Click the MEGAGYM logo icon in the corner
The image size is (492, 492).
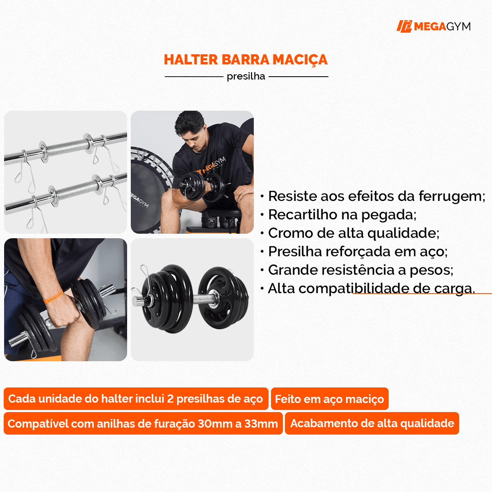click(404, 26)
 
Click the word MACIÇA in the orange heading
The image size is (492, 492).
click(300, 60)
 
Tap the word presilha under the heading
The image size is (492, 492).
click(246, 77)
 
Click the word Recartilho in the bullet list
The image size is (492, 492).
click(303, 214)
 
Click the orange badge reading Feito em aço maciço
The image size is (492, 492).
click(330, 399)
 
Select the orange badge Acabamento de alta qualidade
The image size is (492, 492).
click(372, 424)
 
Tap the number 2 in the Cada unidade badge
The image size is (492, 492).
click(170, 399)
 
